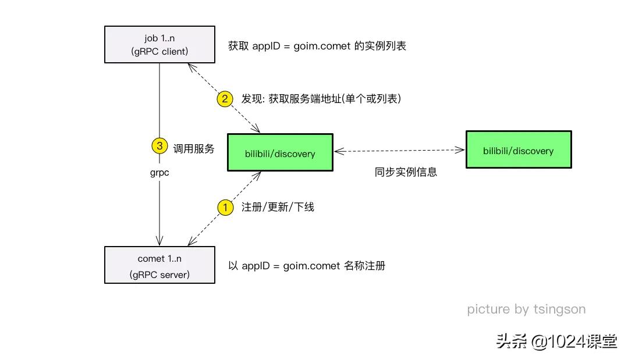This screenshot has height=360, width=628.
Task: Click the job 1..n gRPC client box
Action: pos(159,44)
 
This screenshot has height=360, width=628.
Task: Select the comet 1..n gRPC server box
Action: pos(159,265)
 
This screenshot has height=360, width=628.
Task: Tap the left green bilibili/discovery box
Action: pos(280,153)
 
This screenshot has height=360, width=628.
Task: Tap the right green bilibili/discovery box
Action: pos(519,150)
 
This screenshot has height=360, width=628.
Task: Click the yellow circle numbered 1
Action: pos(225,206)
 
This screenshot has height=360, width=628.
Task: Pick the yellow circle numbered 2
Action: pos(225,98)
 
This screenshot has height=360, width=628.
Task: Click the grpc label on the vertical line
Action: pos(159,172)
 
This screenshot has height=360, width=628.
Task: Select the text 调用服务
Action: pos(194,149)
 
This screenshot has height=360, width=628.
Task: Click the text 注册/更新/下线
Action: pos(278,207)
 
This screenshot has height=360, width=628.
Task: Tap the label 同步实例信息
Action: pos(406,172)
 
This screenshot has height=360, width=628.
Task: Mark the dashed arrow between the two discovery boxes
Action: pos(399,151)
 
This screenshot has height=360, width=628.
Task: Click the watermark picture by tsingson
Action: pos(526,309)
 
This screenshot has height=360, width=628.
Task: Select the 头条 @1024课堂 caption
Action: pos(556,341)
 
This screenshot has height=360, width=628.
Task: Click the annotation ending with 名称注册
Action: pos(307,266)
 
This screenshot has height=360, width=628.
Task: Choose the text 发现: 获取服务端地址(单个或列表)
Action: pos(321,99)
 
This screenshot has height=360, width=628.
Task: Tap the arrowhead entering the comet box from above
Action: pos(159,243)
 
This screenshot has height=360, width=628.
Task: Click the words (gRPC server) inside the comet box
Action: pos(159,274)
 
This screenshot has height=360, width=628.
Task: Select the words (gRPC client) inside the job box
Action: pos(159,51)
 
